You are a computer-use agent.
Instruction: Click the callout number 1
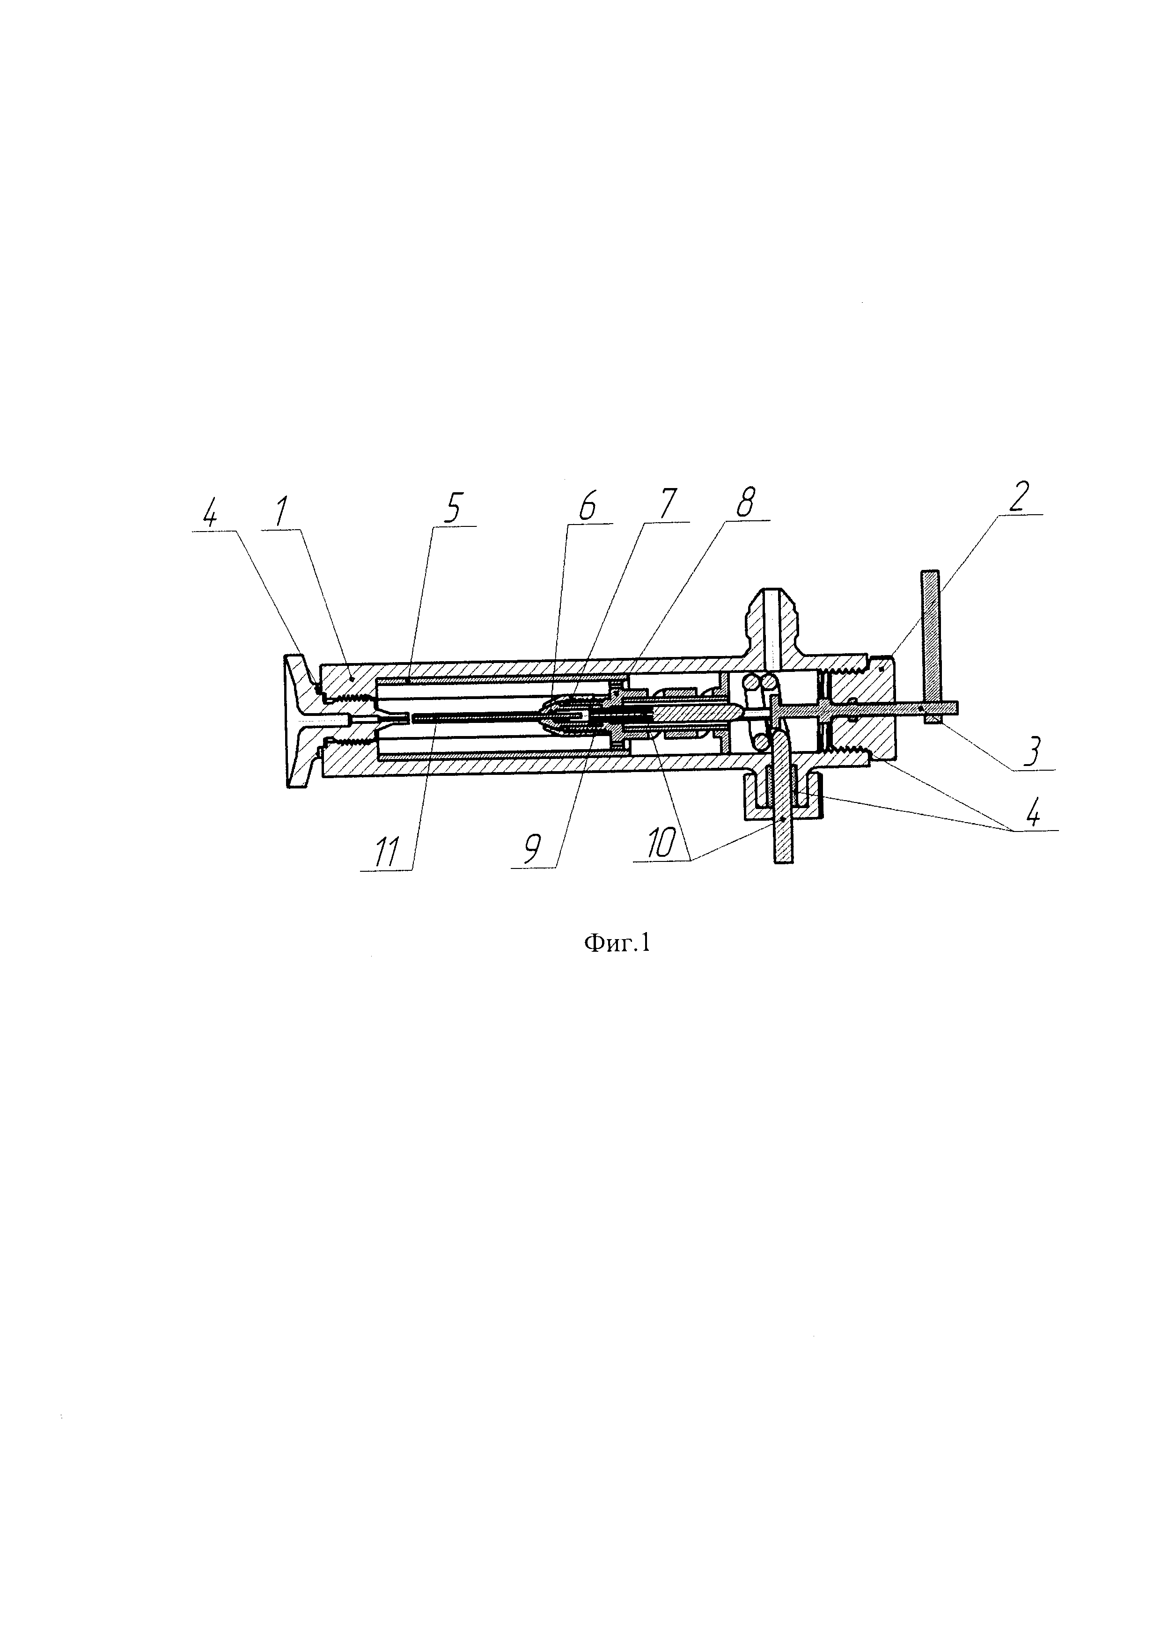[281, 512]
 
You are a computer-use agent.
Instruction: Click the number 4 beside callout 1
[210, 514]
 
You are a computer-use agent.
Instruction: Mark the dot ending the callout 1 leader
[353, 680]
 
